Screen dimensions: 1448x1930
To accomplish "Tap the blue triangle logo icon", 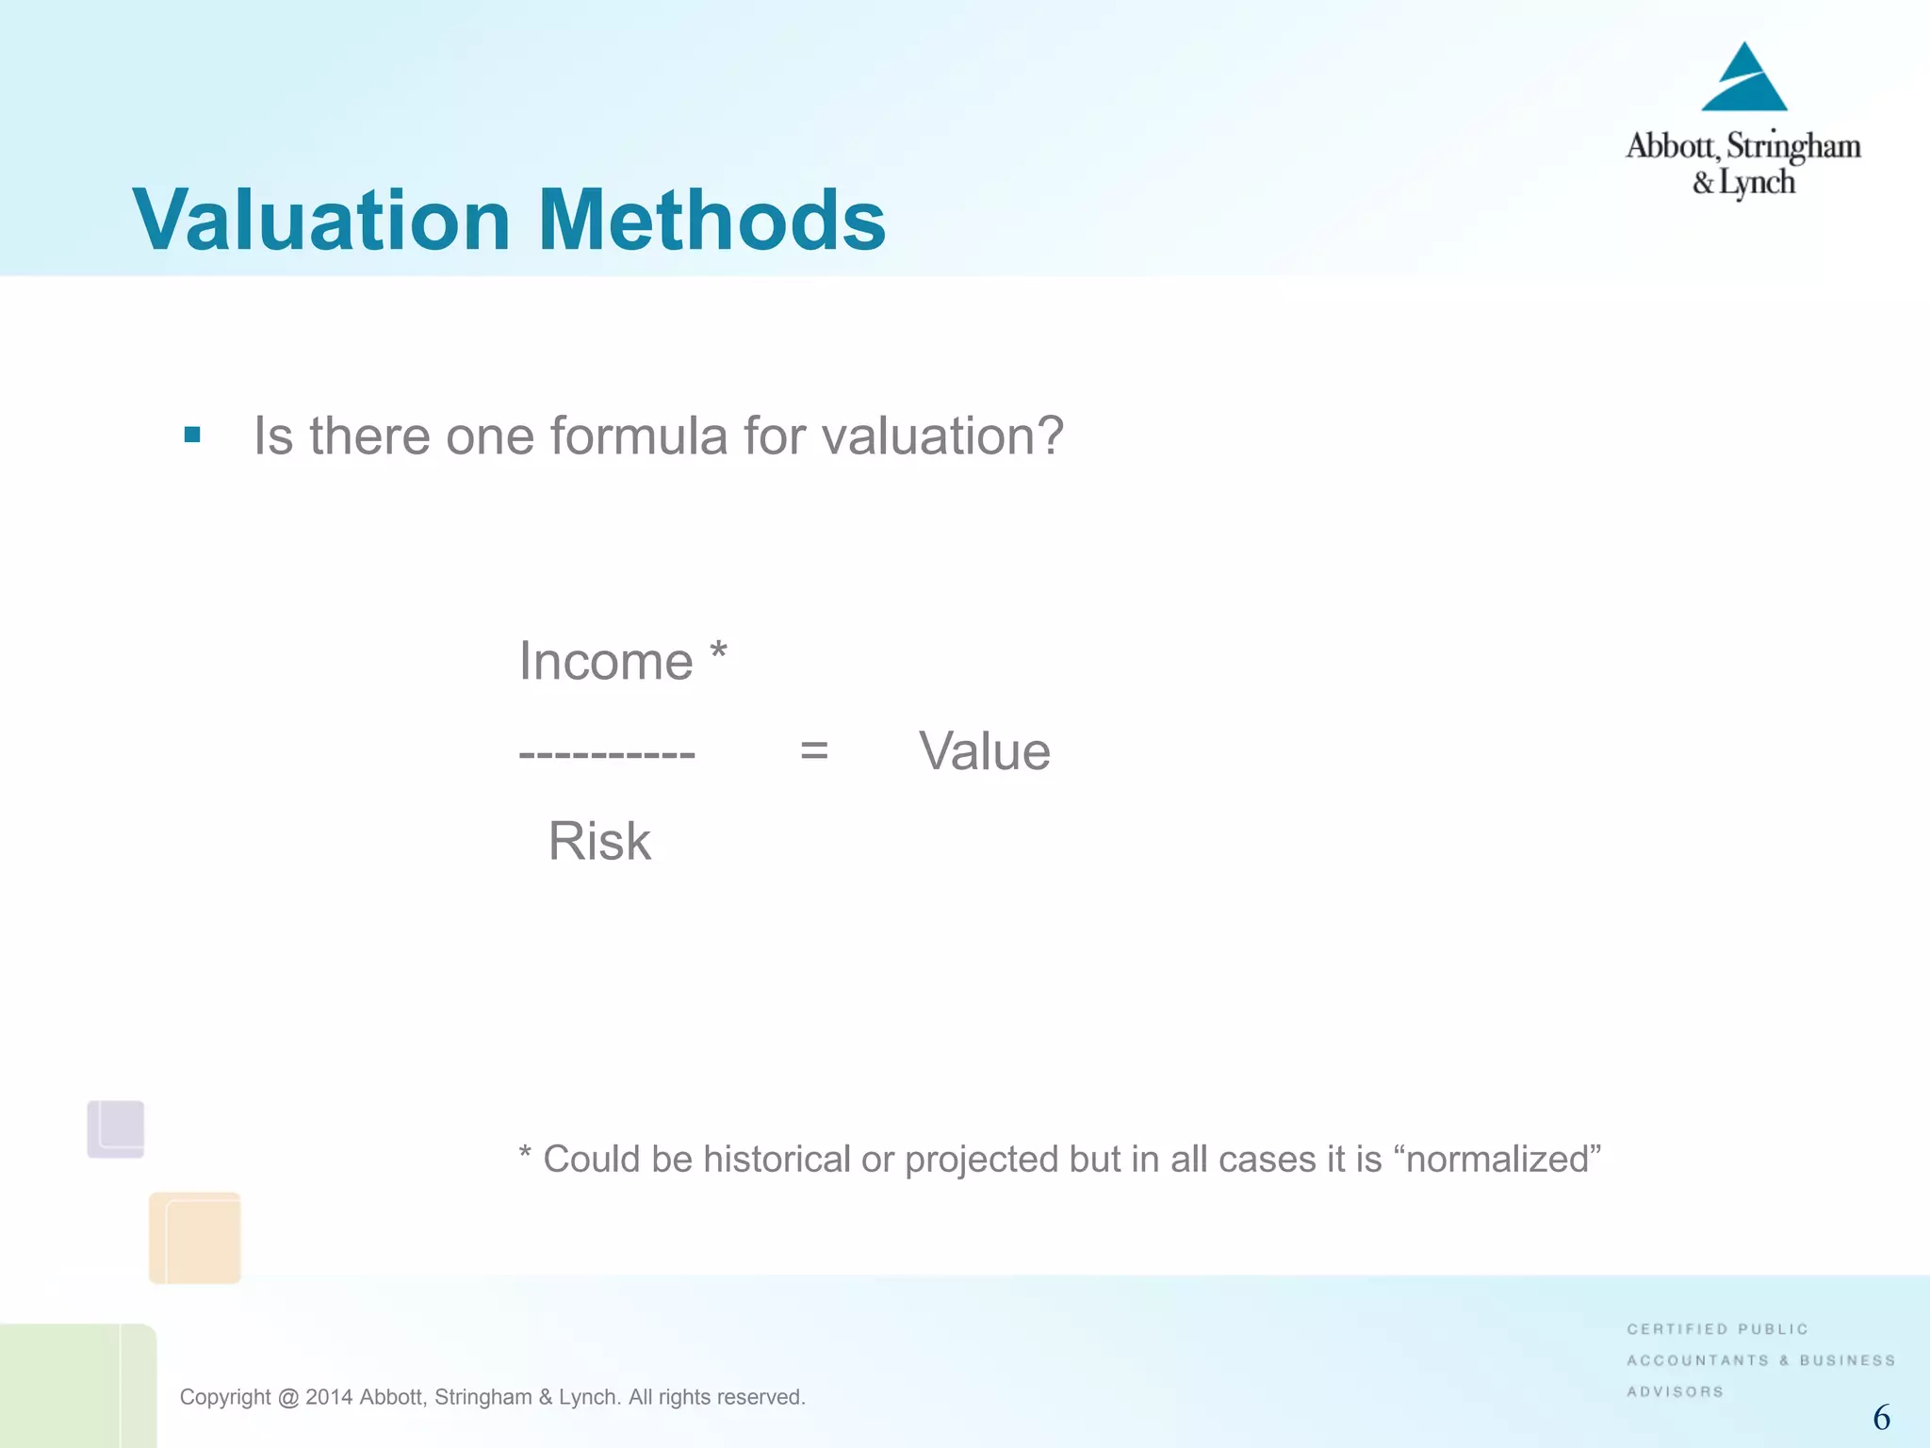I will coord(1743,80).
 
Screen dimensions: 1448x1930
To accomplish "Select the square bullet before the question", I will coord(192,435).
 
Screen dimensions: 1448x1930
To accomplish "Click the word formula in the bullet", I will coord(639,436).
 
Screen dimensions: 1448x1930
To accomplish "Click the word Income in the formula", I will coord(606,661).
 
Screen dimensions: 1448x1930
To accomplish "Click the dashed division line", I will coord(607,753).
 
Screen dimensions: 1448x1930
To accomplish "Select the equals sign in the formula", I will coord(813,751).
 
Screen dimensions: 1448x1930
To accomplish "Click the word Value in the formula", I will coord(985,751).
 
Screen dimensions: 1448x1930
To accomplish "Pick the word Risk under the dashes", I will coord(599,841).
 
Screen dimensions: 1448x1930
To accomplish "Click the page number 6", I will coord(1881,1417).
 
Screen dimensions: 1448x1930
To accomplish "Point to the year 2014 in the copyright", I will coord(329,1397).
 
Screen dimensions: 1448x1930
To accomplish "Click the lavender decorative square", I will coord(116,1128).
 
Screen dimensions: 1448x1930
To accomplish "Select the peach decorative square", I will coord(195,1238).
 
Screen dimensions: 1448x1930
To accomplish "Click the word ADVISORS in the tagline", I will coord(1675,1391).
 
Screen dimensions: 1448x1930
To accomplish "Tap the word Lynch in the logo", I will coord(1757,182).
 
